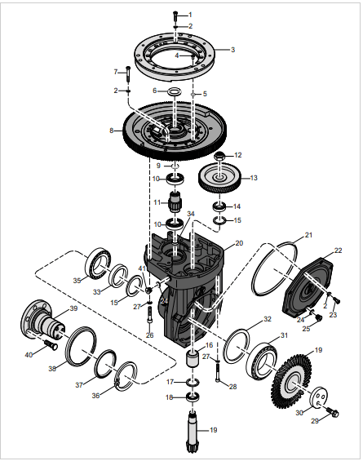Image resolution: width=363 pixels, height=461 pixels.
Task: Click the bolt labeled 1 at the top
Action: pyautogui.click(x=175, y=16)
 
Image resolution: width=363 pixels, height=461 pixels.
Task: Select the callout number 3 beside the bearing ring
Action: pyautogui.click(x=232, y=50)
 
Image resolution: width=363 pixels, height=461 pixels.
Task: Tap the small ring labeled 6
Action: pyautogui.click(x=175, y=91)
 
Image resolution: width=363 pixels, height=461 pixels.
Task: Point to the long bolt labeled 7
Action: pyautogui.click(x=128, y=74)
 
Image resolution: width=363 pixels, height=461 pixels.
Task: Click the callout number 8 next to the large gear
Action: pyautogui.click(x=111, y=131)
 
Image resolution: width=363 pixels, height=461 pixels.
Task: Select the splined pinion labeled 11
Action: pyautogui.click(x=175, y=202)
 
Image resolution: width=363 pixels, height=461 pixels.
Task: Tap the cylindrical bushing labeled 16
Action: pyautogui.click(x=193, y=358)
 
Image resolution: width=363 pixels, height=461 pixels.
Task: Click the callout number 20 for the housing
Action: pyautogui.click(x=239, y=243)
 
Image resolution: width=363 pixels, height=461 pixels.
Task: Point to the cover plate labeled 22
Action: pyautogui.click(x=308, y=287)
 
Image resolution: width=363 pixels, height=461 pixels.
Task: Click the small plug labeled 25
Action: pyautogui.click(x=318, y=317)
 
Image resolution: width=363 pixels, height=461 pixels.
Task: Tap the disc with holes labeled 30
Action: pyautogui.click(x=319, y=398)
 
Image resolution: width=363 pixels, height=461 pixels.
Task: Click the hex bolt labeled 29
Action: pyautogui.click(x=333, y=412)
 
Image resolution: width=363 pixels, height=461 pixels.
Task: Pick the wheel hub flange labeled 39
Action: pyautogui.click(x=44, y=319)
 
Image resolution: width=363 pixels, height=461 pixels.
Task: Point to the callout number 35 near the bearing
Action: pyautogui.click(x=77, y=281)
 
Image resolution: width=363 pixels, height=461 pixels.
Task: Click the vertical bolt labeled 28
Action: pyautogui.click(x=218, y=371)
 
